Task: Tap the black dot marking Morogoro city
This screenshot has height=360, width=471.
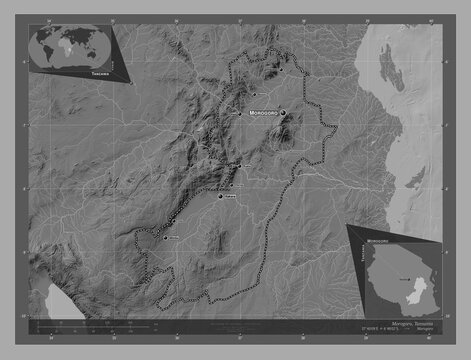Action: point(283,112)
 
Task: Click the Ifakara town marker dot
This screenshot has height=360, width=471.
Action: point(221,196)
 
